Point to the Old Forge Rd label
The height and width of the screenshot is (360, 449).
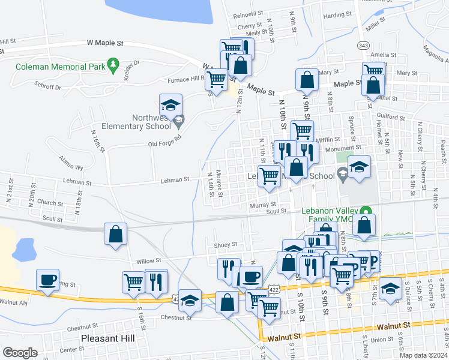click(164, 144)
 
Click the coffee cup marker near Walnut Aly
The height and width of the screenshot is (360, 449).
click(47, 280)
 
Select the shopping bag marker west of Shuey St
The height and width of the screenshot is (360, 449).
click(116, 233)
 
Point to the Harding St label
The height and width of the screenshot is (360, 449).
click(337, 16)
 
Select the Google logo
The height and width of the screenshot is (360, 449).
click(20, 353)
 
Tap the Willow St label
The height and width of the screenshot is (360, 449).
click(149, 260)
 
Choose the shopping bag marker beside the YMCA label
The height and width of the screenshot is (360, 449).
click(364, 226)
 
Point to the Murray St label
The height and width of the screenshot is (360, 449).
click(263, 205)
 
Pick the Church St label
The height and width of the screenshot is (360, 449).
click(50, 203)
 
